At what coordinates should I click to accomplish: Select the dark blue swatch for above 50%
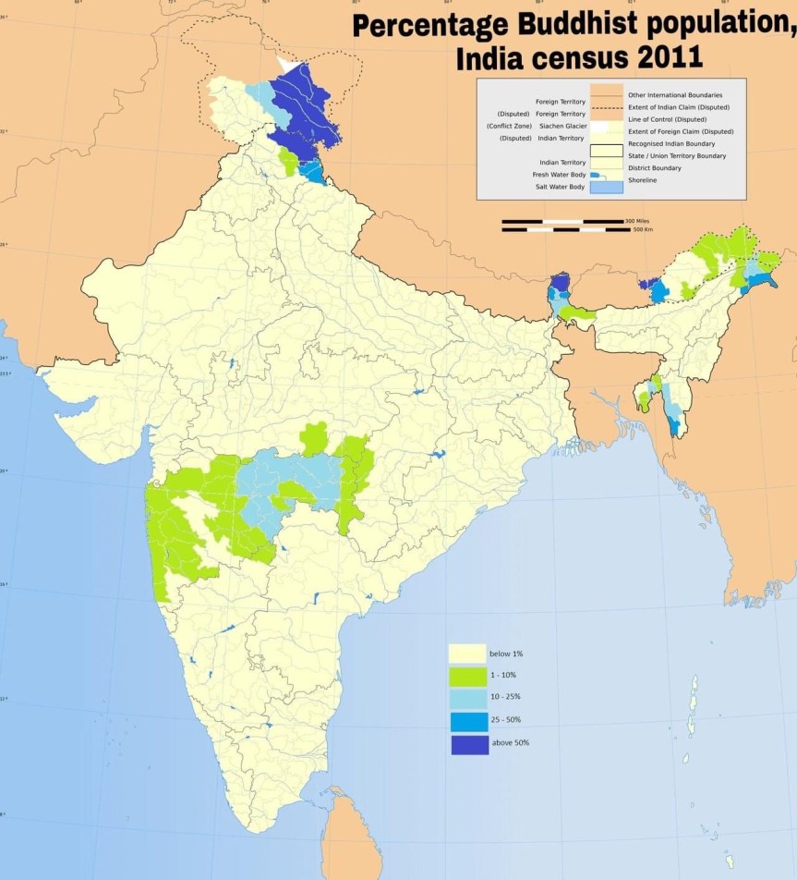469,743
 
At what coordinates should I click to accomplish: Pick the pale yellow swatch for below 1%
468,654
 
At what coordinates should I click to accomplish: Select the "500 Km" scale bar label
645,229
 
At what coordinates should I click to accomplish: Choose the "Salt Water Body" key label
559,187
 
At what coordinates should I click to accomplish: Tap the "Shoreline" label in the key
644,180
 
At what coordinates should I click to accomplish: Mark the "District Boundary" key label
654,168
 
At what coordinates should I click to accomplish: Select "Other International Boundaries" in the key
674,95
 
